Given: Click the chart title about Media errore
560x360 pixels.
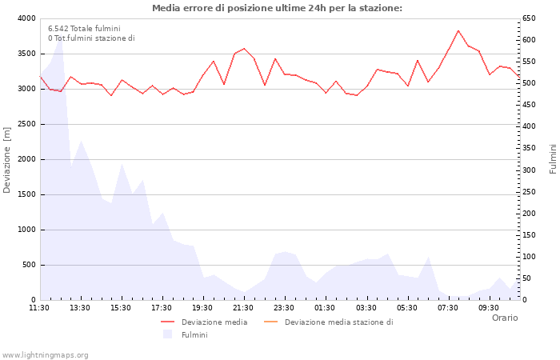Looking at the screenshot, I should coord(277,8).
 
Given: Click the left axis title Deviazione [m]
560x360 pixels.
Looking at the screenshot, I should coord(8,159).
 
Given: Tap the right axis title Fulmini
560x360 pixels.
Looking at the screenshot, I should coord(552,158).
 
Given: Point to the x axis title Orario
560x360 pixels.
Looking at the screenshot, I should coord(504,318).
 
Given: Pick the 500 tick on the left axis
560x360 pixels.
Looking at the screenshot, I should coord(28,265).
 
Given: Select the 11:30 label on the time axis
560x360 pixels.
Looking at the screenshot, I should coord(39,307).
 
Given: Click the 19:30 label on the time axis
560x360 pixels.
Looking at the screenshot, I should coord(202,307).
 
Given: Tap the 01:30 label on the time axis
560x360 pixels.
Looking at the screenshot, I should coord(325,307).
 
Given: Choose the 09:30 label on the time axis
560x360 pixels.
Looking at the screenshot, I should coord(488,307).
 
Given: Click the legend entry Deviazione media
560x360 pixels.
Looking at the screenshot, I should coord(214,322).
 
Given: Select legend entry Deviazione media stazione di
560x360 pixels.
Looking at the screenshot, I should coord(338,322).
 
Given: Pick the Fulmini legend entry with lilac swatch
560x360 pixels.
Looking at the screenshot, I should coord(194,335).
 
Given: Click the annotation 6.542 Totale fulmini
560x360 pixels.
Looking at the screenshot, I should coord(84,28).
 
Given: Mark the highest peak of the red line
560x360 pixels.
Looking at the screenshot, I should coord(458,30).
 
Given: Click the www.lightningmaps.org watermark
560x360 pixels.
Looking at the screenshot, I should coord(46,354).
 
